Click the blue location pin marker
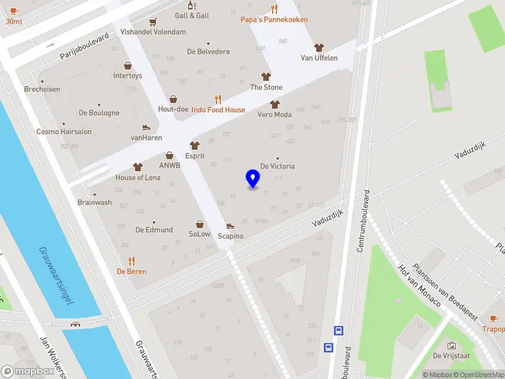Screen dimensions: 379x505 [252, 179]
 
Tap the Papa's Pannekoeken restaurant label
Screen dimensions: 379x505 [274, 20]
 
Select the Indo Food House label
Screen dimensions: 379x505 [218, 110]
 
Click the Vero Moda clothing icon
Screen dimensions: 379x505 [274, 104]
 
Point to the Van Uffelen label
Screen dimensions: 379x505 [319, 58]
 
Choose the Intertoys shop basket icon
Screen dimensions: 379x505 [128, 66]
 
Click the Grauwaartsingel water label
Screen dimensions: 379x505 [56, 275]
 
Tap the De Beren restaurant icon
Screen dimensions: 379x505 [131, 260]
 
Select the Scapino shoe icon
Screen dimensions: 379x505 [230, 226]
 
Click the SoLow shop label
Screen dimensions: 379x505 [199, 234]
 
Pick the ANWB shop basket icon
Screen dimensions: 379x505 [169, 155]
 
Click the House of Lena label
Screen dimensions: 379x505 [138, 177]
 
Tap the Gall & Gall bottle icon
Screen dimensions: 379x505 [191, 5]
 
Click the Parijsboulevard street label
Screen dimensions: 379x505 [85, 47]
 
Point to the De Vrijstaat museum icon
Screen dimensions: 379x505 [451, 346]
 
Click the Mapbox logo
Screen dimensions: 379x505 [28, 371]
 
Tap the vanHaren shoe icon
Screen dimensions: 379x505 [146, 128]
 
